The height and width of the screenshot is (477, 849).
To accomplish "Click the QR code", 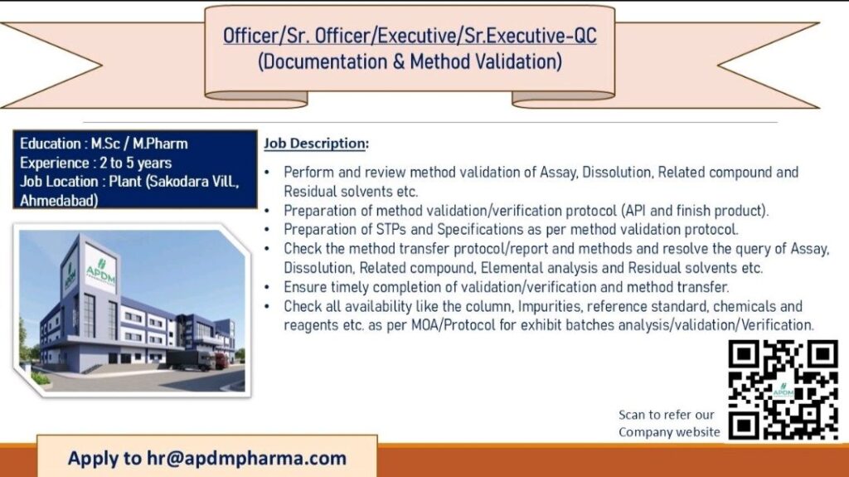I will tap(783, 390).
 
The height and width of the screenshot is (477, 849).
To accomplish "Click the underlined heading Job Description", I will tap(315, 144).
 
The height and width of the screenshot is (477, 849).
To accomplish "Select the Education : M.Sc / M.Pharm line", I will tap(104, 144).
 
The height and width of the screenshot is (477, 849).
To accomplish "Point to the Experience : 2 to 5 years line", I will tap(96, 163).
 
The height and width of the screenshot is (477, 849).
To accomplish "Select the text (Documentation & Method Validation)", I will tap(410, 61).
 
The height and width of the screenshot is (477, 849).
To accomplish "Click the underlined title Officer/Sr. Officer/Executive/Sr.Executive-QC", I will tap(410, 37).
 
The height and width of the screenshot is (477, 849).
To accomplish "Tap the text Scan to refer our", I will tap(666, 415).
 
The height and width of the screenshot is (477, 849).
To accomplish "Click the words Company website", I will tap(669, 432).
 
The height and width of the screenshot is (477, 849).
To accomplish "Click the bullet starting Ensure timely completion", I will tap(506, 287).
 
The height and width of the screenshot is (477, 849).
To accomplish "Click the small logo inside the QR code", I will tap(782, 391).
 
